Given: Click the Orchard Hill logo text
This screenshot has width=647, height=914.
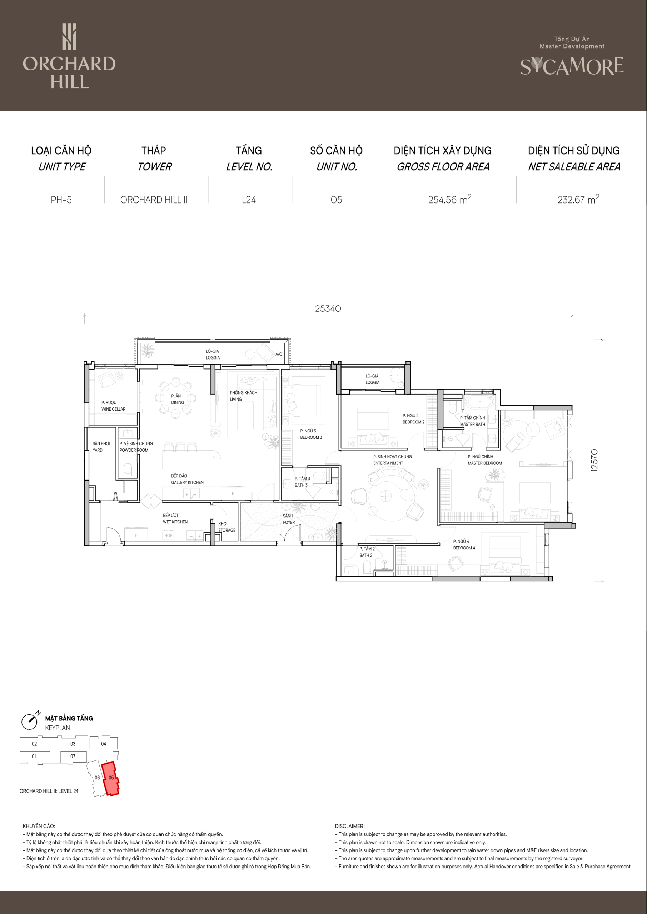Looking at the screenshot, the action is [x=69, y=72].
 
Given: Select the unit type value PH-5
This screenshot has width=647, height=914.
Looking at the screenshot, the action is [x=61, y=200].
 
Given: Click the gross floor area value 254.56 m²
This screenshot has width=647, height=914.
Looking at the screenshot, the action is [x=449, y=199].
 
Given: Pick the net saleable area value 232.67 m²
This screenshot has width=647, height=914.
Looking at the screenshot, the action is [x=578, y=199].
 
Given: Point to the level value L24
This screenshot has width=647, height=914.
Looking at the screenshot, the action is [x=249, y=200].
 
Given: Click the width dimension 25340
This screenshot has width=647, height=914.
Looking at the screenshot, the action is [x=328, y=308].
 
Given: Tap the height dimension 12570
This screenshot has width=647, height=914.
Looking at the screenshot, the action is [x=594, y=460].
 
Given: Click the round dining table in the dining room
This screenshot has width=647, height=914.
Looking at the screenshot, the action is [x=176, y=398].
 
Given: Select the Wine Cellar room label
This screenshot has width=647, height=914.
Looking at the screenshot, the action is [x=113, y=406].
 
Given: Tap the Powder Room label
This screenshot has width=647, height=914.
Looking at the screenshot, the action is [x=136, y=447].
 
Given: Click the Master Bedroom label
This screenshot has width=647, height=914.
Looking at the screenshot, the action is [x=484, y=460].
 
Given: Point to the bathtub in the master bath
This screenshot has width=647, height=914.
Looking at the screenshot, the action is [x=480, y=402].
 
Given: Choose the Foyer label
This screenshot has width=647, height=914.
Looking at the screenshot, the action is [x=289, y=519].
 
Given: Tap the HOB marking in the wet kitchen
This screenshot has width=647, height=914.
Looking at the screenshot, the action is [x=169, y=536].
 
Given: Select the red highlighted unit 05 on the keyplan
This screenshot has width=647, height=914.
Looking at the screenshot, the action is [x=111, y=779].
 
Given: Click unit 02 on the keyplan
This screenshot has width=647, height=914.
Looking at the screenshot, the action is [x=35, y=743].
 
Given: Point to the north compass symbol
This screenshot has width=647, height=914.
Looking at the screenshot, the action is [x=30, y=722].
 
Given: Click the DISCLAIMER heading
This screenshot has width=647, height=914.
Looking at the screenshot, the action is [x=350, y=826].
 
